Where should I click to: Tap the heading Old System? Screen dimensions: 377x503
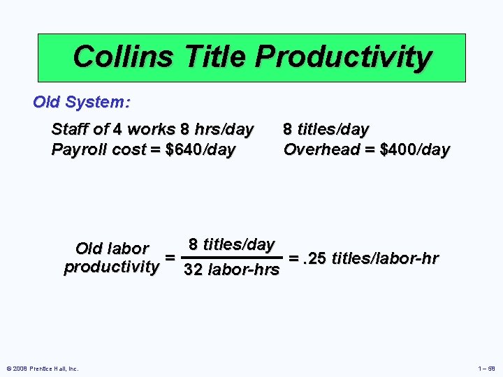tap(81, 102)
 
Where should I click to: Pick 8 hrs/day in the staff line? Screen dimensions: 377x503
tap(217, 130)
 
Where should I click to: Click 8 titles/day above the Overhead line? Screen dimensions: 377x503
tap(326, 130)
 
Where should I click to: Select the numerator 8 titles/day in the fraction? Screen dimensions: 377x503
tap(231, 244)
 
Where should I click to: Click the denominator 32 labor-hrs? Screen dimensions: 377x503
tap(231, 269)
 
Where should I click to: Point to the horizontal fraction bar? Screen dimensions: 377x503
tap(231, 257)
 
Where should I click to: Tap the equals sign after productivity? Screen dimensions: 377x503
tap(170, 258)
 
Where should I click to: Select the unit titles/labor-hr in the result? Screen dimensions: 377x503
tap(385, 259)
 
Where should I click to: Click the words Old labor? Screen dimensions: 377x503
tap(112, 249)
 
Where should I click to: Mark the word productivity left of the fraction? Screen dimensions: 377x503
tap(111, 267)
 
